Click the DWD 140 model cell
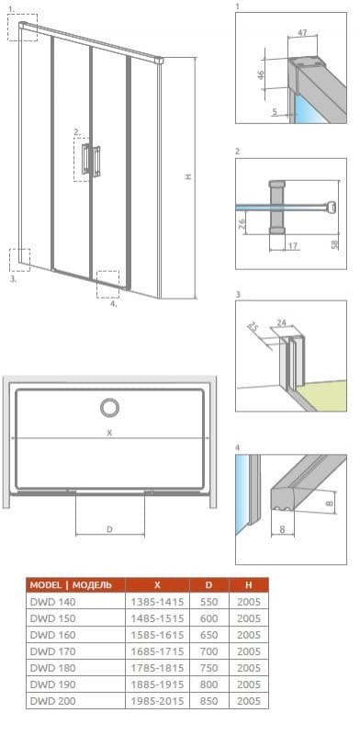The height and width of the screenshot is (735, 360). tap(52, 602)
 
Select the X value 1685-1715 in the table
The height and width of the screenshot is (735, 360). tap(158, 651)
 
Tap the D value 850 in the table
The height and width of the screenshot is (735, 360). tap(209, 701)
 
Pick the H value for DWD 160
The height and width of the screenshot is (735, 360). tap(249, 635)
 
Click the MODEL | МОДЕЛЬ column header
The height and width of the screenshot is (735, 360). tap(71, 585)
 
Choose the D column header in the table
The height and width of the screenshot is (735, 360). tap(209, 585)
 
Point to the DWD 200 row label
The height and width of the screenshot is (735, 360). tap(52, 701)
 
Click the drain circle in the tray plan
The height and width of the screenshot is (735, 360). tap(109, 407)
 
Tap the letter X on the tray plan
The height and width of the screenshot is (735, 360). tap(109, 433)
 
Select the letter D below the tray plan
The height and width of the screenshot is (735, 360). tap(109, 529)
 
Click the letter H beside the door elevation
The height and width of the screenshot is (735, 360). tap(188, 176)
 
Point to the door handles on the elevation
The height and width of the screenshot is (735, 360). tap(91, 160)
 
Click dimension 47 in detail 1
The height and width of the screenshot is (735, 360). tap(303, 32)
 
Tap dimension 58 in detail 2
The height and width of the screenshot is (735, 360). tap(335, 244)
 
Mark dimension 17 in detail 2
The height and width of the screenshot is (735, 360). tap(293, 244)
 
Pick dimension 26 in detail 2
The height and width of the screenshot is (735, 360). tap(241, 224)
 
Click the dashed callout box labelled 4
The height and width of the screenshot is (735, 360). tap(107, 284)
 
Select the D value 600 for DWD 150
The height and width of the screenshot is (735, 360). tap(209, 618)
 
